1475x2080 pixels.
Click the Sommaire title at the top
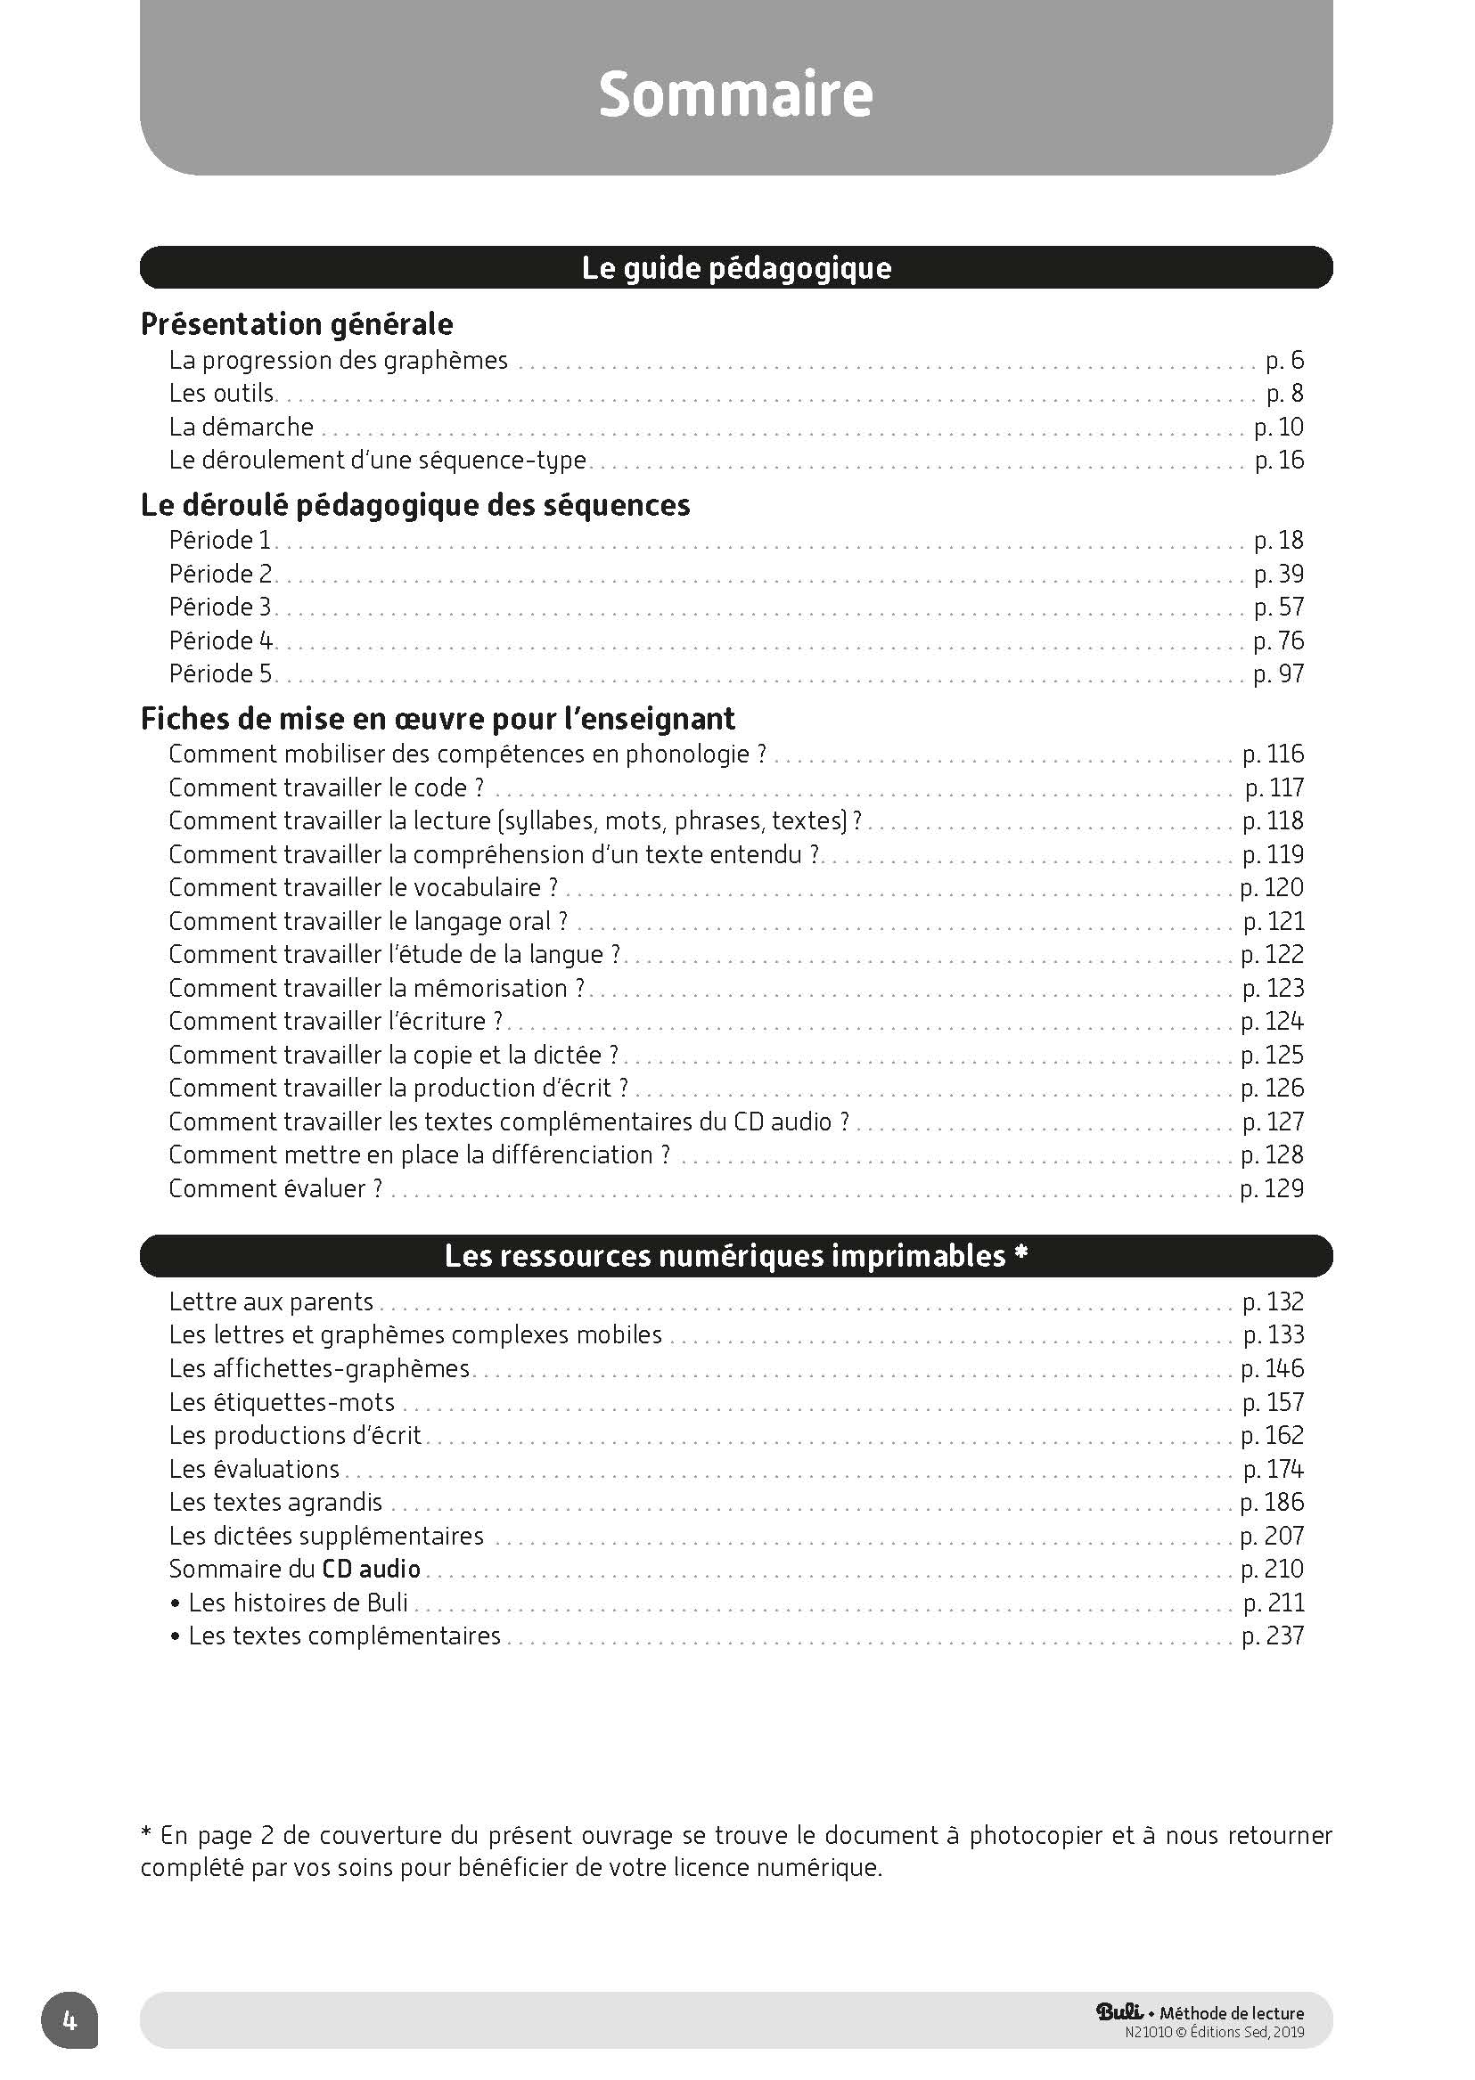[x=735, y=94]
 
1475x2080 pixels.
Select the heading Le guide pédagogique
[x=735, y=268]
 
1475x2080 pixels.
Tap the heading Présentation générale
[x=297, y=324]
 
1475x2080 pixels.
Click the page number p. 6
[x=1284, y=361]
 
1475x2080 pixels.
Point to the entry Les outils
[x=221, y=394]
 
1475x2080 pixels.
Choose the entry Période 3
[x=220, y=607]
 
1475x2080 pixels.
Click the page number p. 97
[x=1278, y=673]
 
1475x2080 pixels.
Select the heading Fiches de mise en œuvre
[x=437, y=719]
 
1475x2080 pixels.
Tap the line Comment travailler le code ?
[x=326, y=788]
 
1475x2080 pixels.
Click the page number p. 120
[x=1272, y=888]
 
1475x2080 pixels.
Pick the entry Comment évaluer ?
[x=275, y=1188]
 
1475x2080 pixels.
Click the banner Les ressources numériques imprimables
[x=735, y=1256]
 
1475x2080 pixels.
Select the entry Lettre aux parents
[x=271, y=1302]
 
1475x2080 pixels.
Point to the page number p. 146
[x=1272, y=1369]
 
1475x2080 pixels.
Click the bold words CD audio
[x=371, y=1569]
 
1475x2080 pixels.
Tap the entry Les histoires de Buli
[x=297, y=1603]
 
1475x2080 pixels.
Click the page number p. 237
[x=1273, y=1636]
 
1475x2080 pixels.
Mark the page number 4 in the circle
[x=69, y=2020]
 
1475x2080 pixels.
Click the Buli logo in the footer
[x=1119, y=2012]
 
